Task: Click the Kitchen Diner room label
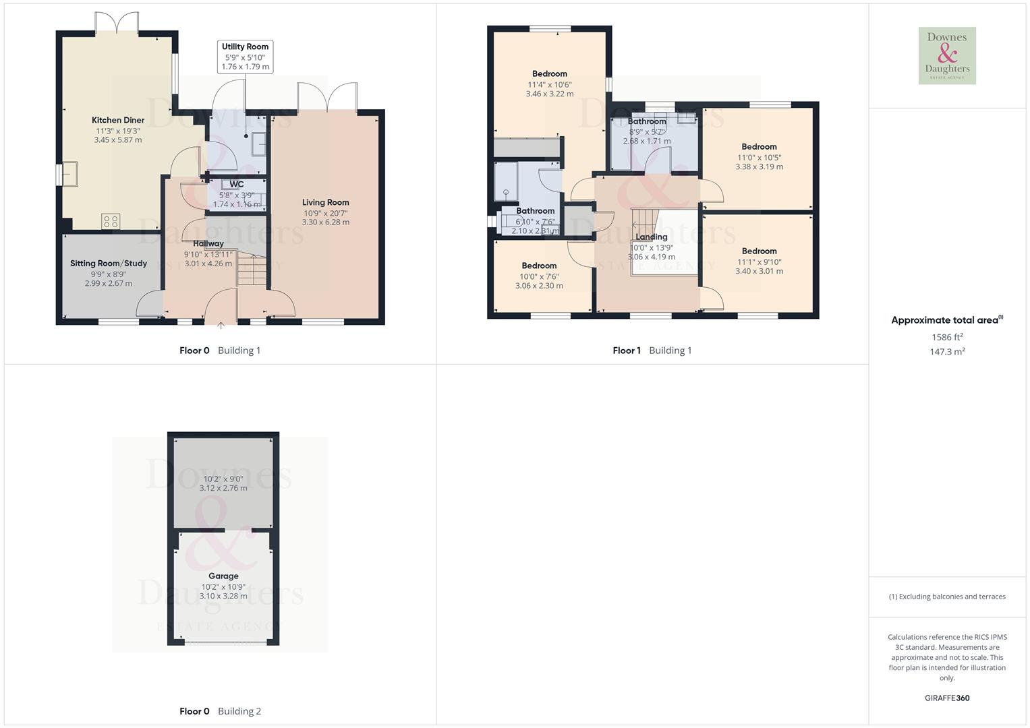pyautogui.click(x=118, y=120)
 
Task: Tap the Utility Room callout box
pyautogui.click(x=246, y=57)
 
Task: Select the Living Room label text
pyautogui.click(x=325, y=202)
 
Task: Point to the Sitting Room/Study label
pyautogui.click(x=109, y=264)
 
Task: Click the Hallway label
pyautogui.click(x=208, y=244)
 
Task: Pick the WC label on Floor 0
pyautogui.click(x=237, y=185)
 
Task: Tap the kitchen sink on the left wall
pyautogui.click(x=69, y=174)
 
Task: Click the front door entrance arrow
pyautogui.click(x=221, y=327)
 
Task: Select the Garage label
pyautogui.click(x=223, y=576)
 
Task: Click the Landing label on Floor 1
pyautogui.click(x=652, y=237)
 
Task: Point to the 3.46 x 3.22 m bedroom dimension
pyautogui.click(x=550, y=94)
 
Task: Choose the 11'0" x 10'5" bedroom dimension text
pyautogui.click(x=759, y=157)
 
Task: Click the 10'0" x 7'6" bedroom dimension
pyautogui.click(x=539, y=276)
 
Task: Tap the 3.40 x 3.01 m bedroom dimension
pyautogui.click(x=759, y=272)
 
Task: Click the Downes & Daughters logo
pyautogui.click(x=947, y=56)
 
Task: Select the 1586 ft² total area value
pyautogui.click(x=947, y=337)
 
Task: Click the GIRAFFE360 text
pyautogui.click(x=947, y=698)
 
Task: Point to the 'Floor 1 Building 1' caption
pyautogui.click(x=652, y=351)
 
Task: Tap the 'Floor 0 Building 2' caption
pyautogui.click(x=220, y=711)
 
